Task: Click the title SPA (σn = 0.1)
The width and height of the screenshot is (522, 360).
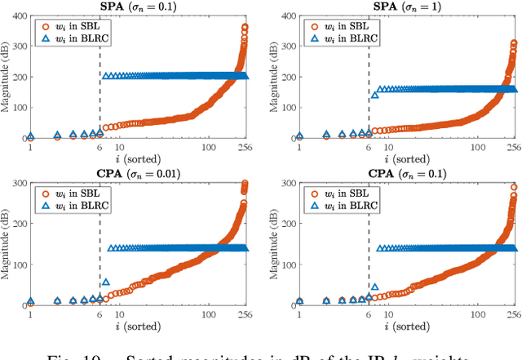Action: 138,7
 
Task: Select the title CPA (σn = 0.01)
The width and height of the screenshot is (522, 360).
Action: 138,173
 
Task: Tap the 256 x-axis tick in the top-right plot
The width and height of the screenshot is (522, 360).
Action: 515,147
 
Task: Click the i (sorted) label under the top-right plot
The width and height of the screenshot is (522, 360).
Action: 407,158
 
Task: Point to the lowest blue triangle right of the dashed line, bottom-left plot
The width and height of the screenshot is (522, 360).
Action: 106,282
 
